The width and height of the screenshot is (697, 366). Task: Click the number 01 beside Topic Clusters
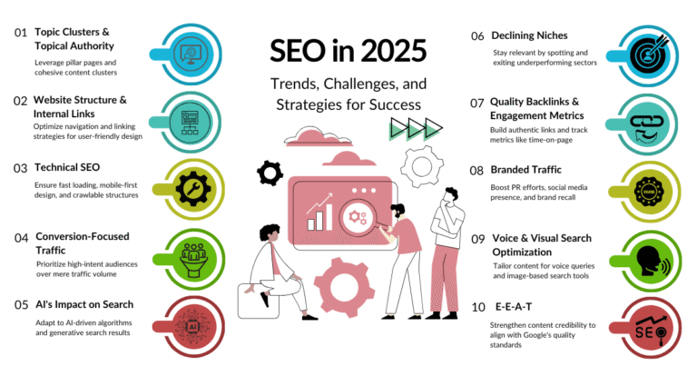point(20,33)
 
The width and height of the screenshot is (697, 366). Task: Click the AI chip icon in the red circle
point(193,323)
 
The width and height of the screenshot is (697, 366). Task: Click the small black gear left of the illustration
point(270,171)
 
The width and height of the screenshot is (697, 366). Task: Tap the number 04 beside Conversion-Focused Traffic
point(20,238)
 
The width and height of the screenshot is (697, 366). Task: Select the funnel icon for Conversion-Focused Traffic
point(193,255)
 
